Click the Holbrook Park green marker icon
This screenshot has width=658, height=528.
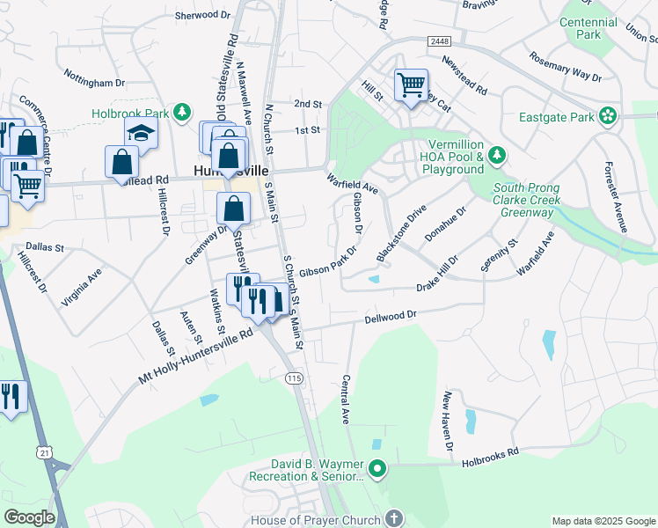click(182, 113)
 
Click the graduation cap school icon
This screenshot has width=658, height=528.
click(140, 133)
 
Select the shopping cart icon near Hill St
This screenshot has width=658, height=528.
click(411, 85)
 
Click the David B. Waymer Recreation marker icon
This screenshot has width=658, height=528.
click(378, 469)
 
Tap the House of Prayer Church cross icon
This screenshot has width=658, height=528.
click(393, 518)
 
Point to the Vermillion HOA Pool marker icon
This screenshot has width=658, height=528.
click(497, 156)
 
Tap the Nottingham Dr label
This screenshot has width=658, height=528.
click(95, 82)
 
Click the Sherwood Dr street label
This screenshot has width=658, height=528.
click(201, 15)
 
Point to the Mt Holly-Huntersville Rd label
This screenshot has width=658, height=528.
click(195, 357)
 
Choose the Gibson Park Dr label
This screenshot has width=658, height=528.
click(326, 264)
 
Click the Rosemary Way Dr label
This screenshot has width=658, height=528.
click(565, 66)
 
